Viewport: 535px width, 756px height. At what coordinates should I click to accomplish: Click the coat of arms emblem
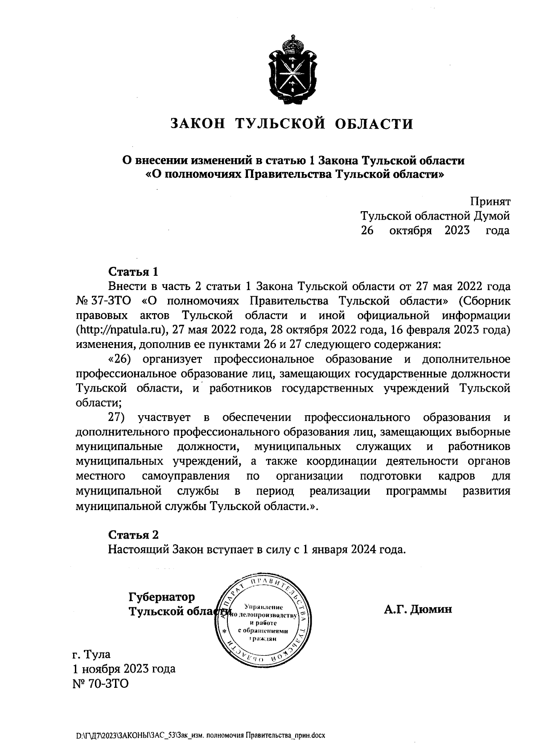coord(292,67)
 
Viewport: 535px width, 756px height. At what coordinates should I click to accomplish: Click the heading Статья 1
coord(133,272)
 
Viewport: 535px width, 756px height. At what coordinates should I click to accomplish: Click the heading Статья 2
coord(133,535)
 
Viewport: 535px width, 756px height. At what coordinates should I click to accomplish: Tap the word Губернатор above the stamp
coord(162,596)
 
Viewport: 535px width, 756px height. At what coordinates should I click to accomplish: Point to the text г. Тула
coord(91,654)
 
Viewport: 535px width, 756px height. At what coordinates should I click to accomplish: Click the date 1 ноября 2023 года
coord(124,669)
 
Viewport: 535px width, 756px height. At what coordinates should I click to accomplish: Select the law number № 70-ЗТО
coord(100,683)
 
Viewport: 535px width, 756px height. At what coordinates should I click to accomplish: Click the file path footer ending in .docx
coord(201,736)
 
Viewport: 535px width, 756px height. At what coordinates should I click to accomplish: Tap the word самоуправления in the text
coord(186,476)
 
